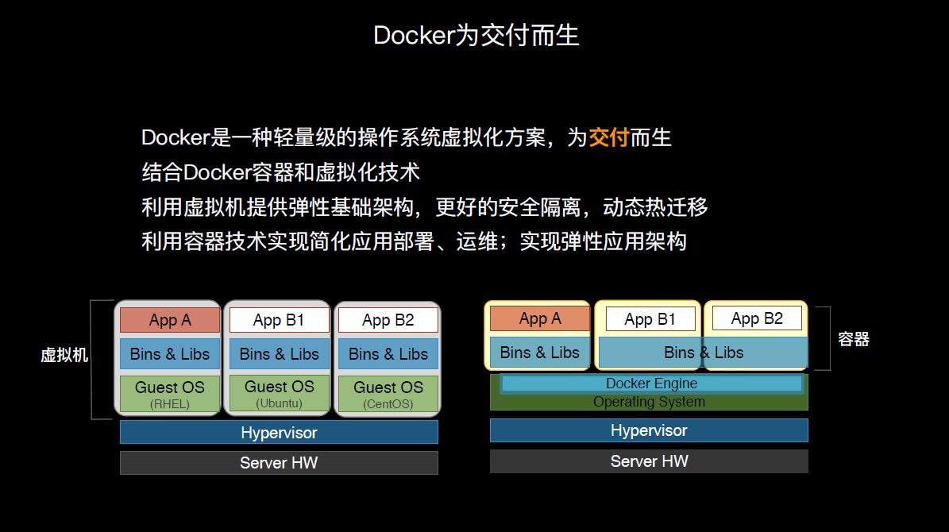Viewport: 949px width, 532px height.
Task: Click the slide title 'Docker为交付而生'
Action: coord(476,35)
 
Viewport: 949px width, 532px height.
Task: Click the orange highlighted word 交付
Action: coord(608,137)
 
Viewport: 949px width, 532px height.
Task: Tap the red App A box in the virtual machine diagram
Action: coord(170,320)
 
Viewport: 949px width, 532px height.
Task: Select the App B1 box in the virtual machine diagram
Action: coord(279,320)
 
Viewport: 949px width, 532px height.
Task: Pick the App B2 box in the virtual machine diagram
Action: coord(388,320)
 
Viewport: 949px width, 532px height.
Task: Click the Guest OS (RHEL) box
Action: coord(170,394)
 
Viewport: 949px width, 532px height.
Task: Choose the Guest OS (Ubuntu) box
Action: coord(279,393)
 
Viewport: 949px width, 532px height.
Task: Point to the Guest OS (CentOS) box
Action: coord(388,394)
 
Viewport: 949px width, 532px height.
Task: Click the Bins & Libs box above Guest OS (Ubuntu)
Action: coord(279,354)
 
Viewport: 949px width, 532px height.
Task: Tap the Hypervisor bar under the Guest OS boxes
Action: coord(279,433)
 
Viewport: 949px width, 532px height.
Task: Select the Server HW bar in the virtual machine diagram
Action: coord(279,463)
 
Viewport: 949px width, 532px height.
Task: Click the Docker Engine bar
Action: coord(651,384)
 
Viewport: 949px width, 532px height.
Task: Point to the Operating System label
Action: coord(649,403)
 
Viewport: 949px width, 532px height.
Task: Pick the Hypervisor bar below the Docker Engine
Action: coord(649,430)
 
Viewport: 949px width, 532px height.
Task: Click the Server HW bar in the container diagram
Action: coord(649,461)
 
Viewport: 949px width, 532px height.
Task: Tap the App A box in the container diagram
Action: coord(540,319)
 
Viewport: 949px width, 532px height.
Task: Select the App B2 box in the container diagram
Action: coord(757,318)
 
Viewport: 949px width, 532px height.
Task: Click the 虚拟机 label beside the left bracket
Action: coord(64,355)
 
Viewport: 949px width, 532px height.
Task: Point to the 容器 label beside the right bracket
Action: coord(854,339)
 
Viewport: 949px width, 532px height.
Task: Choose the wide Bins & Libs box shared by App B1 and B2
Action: coord(703,353)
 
